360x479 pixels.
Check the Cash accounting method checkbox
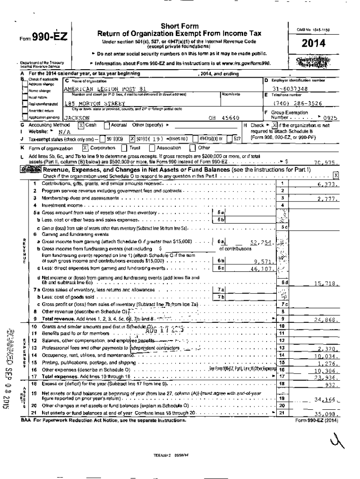(x=81, y=125)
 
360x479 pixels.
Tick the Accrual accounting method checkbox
(x=107, y=125)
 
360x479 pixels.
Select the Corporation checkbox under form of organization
(x=85, y=148)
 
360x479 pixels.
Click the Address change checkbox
(x=25, y=84)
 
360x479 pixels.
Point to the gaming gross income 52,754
(x=260, y=242)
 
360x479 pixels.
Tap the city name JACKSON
(x=76, y=118)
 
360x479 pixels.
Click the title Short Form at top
(x=179, y=26)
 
